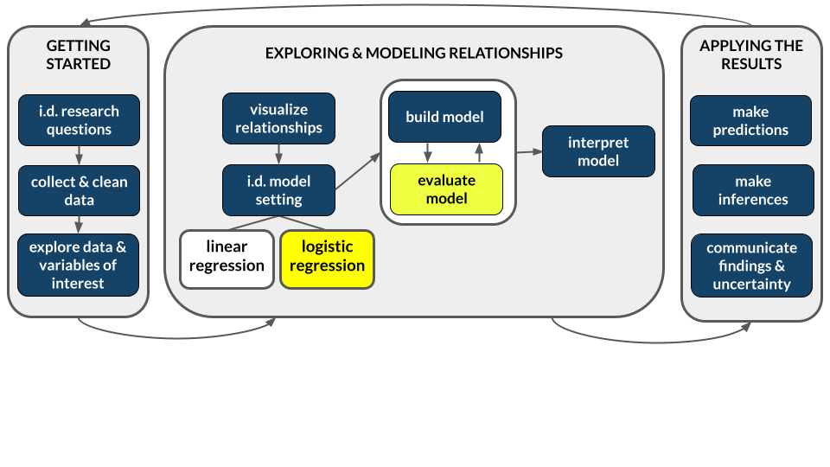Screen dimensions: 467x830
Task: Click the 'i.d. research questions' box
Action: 79,120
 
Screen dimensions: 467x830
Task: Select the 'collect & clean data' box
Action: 79,190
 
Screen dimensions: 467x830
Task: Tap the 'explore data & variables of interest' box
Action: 79,265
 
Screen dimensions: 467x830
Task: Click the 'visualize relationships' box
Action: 278,118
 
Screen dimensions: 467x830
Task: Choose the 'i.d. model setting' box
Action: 278,190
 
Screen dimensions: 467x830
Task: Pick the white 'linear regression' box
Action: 227,257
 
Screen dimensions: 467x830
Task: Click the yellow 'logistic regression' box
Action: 327,257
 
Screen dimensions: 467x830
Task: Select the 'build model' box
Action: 444,117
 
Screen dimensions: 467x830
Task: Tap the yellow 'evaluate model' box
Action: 445,189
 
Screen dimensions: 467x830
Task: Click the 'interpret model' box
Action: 598,151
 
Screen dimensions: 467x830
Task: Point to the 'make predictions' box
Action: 750,120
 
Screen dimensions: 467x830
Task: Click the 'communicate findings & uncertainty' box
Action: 750,265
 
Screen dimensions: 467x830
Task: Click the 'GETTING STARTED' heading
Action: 78,54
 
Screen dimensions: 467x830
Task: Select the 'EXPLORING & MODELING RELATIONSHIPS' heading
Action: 413,54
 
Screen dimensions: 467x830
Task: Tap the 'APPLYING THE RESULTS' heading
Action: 750,54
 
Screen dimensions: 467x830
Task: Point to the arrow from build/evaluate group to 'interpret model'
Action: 529,152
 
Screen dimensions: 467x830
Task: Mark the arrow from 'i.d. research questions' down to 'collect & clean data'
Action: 79,156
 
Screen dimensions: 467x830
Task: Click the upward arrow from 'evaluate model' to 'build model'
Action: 478,153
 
